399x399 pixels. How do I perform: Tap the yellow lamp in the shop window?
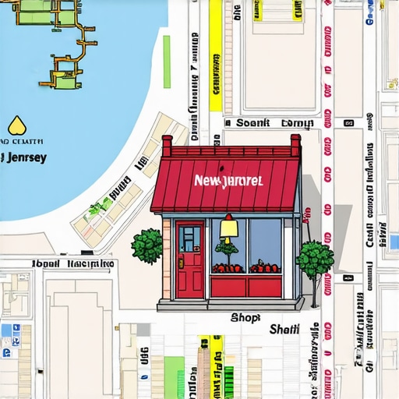click(x=229, y=228)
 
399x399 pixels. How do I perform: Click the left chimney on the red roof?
click(x=167, y=144)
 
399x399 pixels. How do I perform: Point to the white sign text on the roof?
click(x=228, y=181)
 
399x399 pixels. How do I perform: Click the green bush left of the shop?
click(x=147, y=246)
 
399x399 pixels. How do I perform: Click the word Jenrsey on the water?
click(x=26, y=157)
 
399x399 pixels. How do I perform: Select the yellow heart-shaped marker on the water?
click(x=16, y=125)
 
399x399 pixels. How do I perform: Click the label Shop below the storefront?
click(x=245, y=317)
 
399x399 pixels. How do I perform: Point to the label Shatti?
click(x=284, y=330)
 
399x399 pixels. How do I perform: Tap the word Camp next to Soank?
click(x=297, y=123)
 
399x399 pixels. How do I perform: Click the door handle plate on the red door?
click(x=180, y=264)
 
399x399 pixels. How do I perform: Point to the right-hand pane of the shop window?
click(x=265, y=245)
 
